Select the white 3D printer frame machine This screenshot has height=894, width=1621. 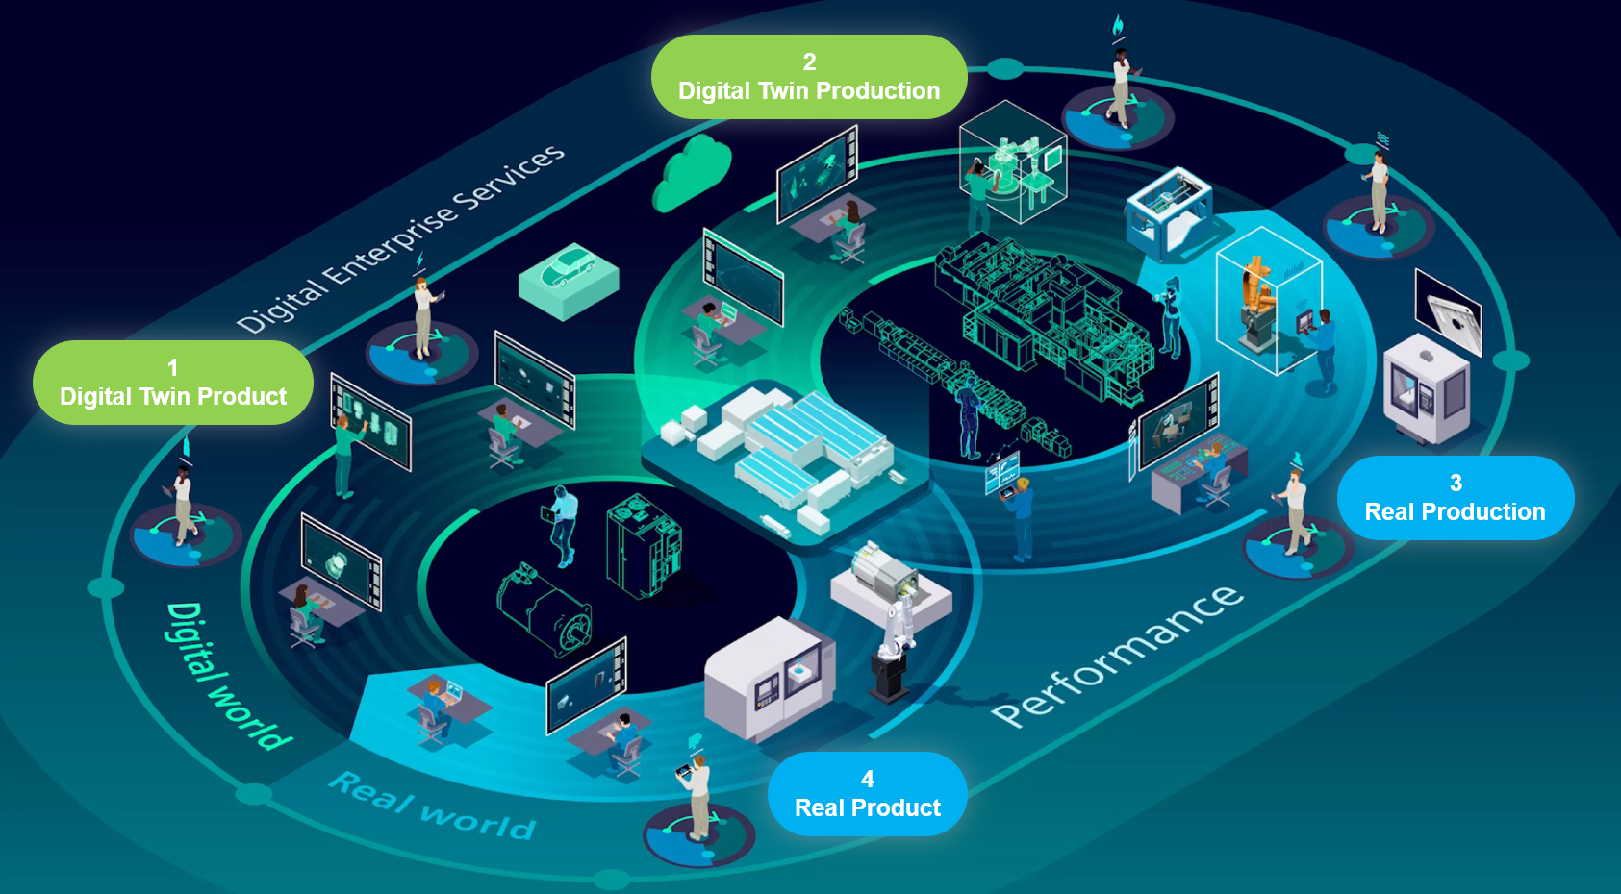pos(1169,215)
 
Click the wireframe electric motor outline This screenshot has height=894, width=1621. pos(544,609)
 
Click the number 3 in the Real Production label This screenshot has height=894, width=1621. pos(1456,483)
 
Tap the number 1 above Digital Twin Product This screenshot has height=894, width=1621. pos(172,367)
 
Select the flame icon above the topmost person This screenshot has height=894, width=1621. pos(1117,25)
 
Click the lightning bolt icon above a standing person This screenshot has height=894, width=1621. pos(419,261)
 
